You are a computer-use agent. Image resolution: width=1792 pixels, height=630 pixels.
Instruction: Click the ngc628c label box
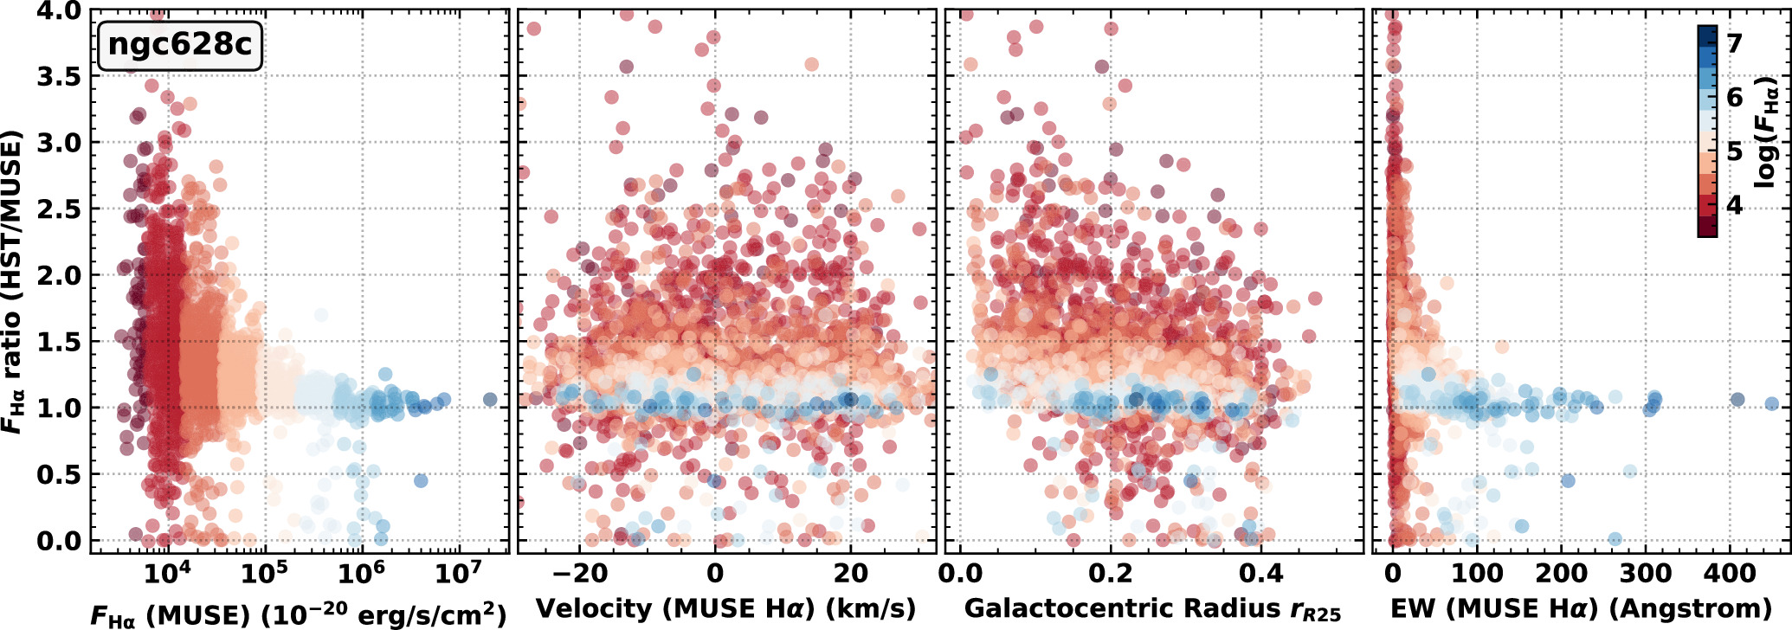180,45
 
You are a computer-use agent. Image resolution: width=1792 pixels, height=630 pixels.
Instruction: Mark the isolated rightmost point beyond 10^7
490,399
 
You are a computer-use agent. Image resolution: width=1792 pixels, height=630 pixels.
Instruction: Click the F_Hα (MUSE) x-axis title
299,613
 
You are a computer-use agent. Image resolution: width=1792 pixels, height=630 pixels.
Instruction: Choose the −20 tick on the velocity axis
579,573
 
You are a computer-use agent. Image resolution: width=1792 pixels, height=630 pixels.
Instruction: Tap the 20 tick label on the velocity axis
851,573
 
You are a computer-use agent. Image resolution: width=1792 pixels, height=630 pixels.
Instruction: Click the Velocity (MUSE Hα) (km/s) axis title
725,609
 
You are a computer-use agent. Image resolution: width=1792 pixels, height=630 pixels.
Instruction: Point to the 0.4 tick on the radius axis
1261,573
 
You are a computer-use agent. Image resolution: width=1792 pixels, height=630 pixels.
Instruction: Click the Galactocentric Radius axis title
1152,610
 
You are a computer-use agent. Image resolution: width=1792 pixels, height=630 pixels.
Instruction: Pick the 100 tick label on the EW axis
1477,573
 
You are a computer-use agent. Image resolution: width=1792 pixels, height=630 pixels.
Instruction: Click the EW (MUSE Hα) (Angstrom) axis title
1581,609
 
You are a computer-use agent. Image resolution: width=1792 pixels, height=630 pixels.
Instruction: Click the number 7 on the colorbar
1734,43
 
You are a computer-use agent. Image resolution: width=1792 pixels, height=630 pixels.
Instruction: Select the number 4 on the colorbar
1734,205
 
